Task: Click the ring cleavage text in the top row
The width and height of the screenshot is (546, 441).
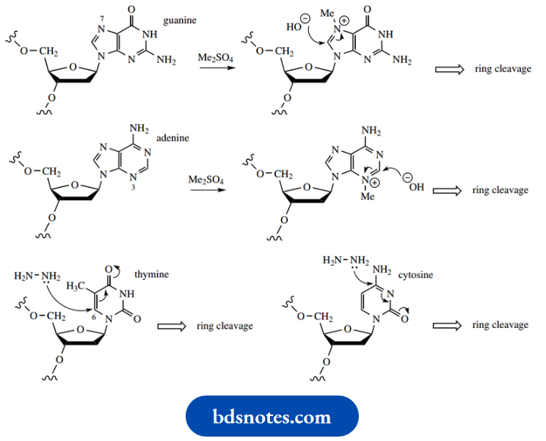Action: tap(502, 70)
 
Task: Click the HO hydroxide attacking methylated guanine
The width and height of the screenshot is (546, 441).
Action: tap(296, 27)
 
